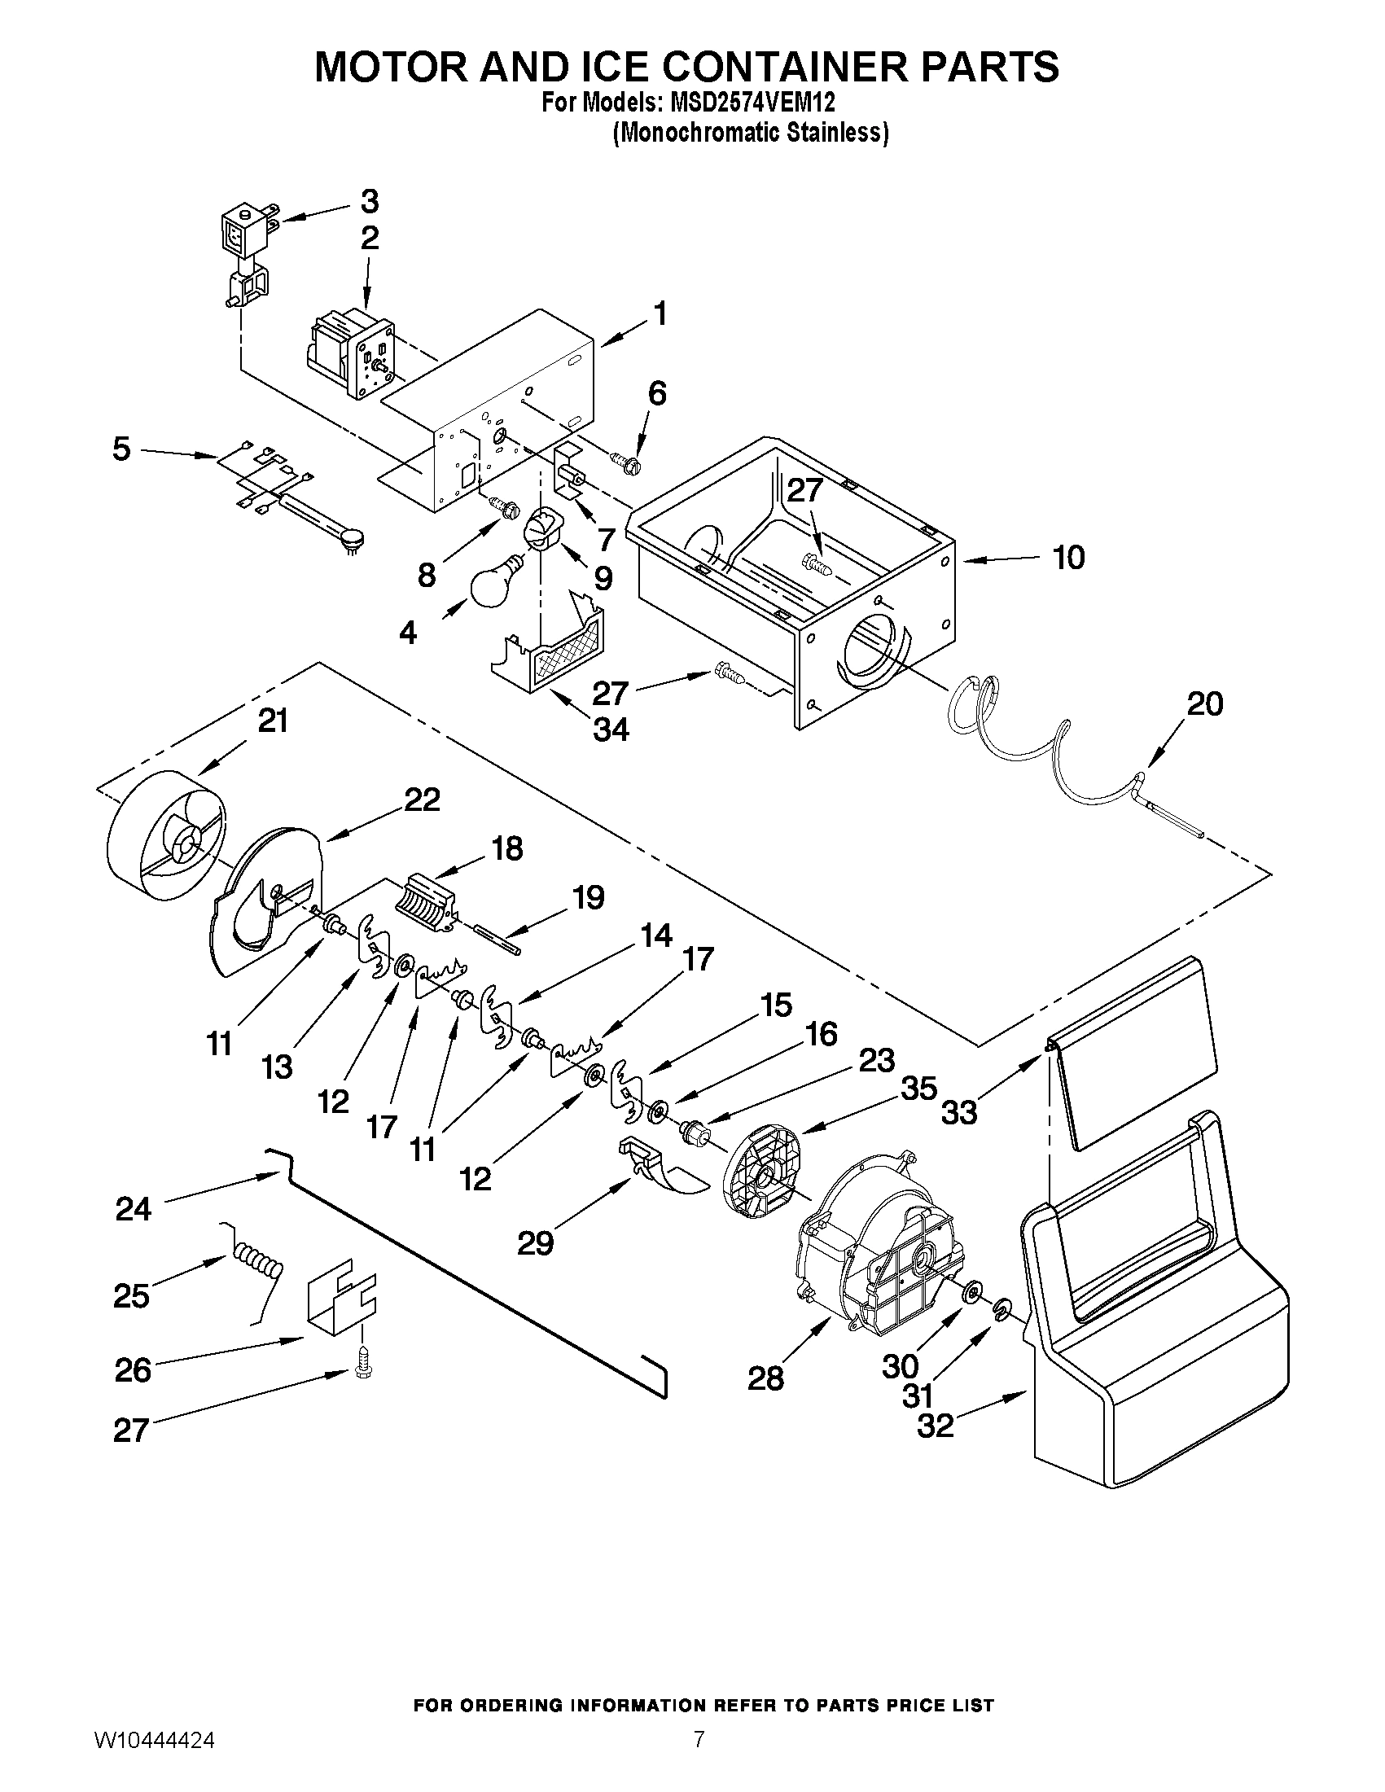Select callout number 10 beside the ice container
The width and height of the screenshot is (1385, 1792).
click(x=1068, y=558)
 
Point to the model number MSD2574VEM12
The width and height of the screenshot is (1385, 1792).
click(x=747, y=103)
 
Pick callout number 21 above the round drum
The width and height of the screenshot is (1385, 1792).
click(x=273, y=721)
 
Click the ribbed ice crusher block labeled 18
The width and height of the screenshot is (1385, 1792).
click(x=427, y=904)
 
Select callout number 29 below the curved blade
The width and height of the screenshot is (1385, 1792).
click(x=535, y=1243)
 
